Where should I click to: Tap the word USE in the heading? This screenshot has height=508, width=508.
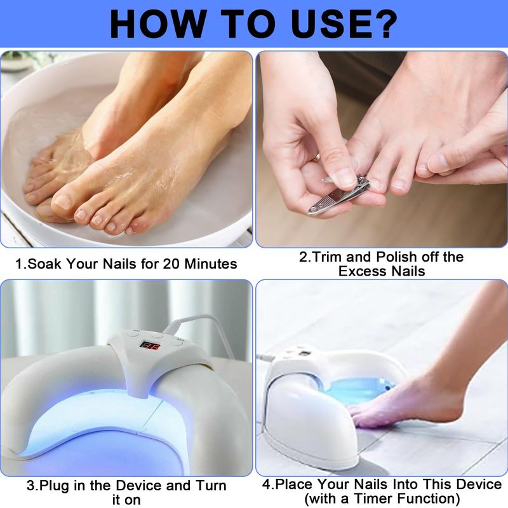326,24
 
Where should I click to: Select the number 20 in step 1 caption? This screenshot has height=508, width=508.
171,264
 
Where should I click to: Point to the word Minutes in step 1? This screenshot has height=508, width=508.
211,264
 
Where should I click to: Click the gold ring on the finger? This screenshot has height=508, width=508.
318,157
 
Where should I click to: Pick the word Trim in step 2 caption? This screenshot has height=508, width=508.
327,257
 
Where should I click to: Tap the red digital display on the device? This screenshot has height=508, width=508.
150,345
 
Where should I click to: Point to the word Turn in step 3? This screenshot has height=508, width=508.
211,486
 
